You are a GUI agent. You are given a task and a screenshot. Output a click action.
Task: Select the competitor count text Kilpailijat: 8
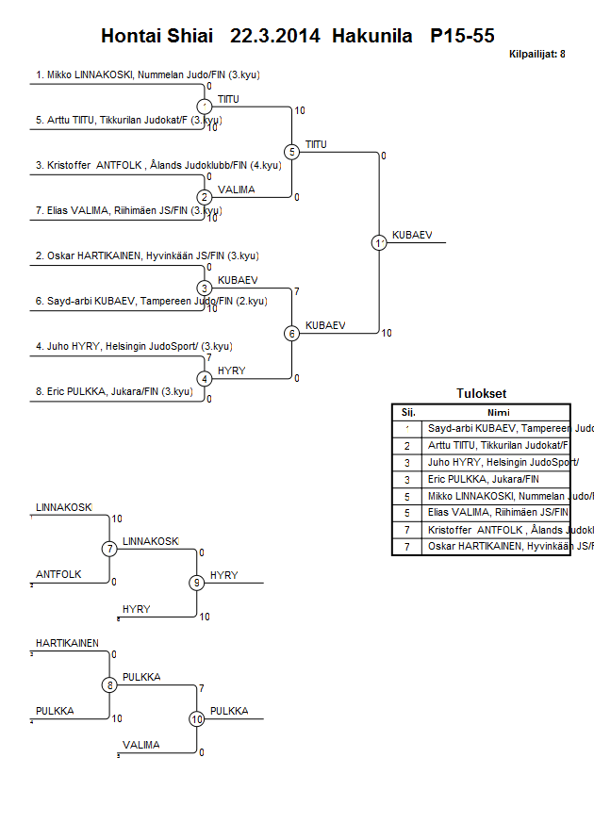click(536, 54)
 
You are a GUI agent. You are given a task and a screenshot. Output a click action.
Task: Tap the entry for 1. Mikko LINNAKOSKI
click(123, 74)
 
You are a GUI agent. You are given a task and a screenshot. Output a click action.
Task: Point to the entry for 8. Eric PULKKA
click(114, 391)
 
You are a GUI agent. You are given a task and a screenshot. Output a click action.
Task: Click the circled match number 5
click(292, 152)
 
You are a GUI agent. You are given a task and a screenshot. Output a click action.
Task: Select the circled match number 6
click(292, 333)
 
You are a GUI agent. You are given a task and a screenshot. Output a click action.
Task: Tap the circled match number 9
click(197, 583)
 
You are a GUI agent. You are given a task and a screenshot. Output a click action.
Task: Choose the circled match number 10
click(197, 719)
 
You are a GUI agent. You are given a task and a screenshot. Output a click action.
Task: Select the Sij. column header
click(407, 412)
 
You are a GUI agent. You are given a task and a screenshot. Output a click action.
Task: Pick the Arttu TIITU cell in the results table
click(496, 444)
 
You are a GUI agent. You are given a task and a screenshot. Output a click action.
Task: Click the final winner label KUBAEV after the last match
click(412, 235)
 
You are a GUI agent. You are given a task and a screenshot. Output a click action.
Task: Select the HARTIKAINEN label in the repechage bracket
click(67, 643)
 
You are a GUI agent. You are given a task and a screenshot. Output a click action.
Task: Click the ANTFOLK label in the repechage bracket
click(58, 574)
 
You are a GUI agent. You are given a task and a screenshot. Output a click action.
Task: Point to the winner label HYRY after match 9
click(224, 575)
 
